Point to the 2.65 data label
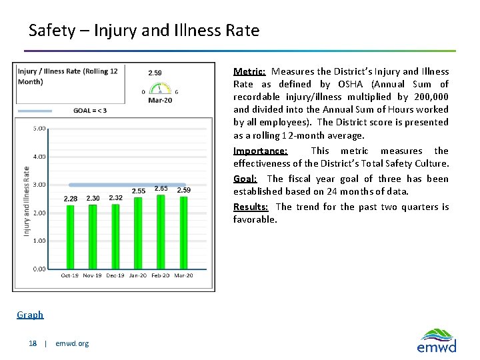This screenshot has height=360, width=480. pyautogui.click(x=161, y=189)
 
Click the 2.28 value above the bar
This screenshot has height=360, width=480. pyautogui.click(x=70, y=199)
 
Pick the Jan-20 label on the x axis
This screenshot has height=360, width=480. pyautogui.click(x=138, y=275)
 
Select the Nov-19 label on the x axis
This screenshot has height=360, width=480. pyautogui.click(x=93, y=275)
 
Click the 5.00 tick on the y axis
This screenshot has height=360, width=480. pyautogui.click(x=39, y=128)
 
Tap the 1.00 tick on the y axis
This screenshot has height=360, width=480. pyautogui.click(x=39, y=241)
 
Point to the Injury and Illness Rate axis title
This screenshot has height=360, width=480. pyautogui.click(x=27, y=200)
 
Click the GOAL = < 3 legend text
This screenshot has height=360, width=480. pyautogui.click(x=89, y=110)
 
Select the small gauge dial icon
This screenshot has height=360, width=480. pyautogui.click(x=159, y=88)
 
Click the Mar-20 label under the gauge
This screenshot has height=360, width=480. pyautogui.click(x=159, y=100)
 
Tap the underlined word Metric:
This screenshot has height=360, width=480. pyautogui.click(x=249, y=71)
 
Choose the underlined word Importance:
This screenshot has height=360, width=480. pyautogui.click(x=260, y=151)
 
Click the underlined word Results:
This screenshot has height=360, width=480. pyautogui.click(x=251, y=207)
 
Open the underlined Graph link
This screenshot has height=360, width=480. pyautogui.click(x=30, y=315)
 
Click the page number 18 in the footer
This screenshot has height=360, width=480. pyautogui.click(x=33, y=343)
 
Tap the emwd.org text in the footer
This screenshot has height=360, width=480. pyautogui.click(x=72, y=343)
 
